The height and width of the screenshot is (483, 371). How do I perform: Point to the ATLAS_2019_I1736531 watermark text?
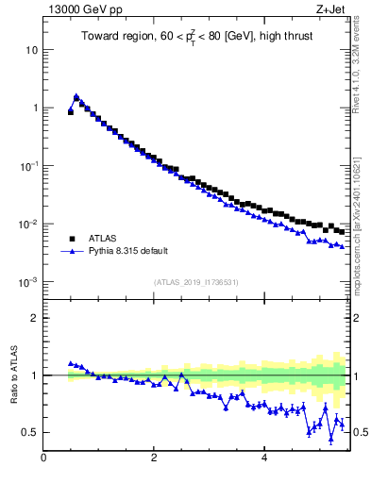195,282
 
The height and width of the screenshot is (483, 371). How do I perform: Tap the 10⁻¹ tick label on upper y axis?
28,166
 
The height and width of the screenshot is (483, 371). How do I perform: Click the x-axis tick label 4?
263,458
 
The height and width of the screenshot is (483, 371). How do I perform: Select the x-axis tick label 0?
43,458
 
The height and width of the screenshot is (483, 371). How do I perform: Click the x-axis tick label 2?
153,458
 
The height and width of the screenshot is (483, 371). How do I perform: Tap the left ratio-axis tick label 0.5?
28,432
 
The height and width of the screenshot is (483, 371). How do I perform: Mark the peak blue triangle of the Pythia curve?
76,96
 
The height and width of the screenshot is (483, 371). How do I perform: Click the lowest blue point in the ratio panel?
330,438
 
